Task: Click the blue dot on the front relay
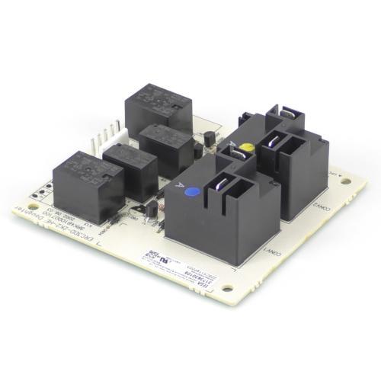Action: (x=193, y=192)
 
